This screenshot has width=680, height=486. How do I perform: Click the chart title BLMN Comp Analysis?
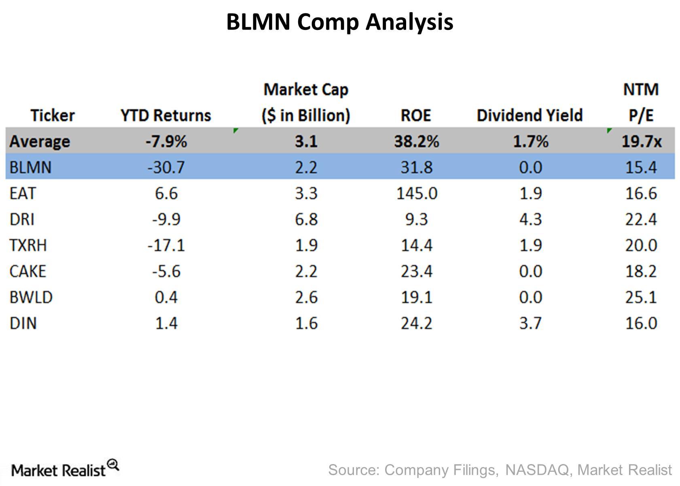click(339, 22)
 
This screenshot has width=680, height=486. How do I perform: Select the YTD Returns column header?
click(166, 115)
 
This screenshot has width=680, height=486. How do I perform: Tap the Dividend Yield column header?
click(530, 115)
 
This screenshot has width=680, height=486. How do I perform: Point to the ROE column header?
click(416, 115)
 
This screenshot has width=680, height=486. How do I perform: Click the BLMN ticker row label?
click(30, 167)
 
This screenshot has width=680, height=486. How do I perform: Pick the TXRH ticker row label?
click(28, 245)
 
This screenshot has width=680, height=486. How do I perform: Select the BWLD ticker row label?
click(31, 297)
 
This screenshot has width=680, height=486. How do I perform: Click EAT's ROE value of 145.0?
click(417, 193)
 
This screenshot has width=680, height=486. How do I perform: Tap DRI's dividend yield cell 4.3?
click(530, 219)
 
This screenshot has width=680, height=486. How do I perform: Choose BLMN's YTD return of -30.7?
click(166, 167)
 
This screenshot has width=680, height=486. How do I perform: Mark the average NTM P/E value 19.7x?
click(642, 142)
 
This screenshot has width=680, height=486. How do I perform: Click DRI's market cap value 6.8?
click(306, 219)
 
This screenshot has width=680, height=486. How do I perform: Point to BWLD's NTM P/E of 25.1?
click(641, 297)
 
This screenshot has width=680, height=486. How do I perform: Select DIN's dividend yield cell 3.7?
click(530, 323)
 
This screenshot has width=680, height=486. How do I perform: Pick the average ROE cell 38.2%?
click(417, 142)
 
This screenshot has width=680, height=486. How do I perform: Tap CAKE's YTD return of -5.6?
click(166, 272)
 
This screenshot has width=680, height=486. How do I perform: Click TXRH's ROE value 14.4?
click(417, 245)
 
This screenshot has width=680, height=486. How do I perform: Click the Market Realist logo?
click(65, 469)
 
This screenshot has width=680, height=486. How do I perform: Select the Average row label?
click(40, 142)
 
